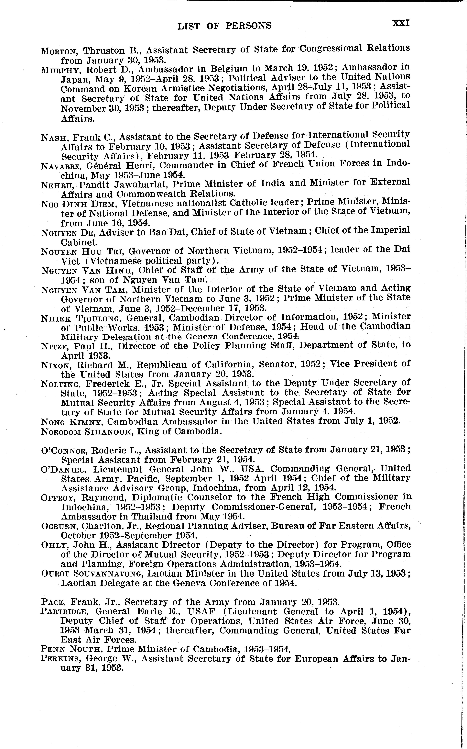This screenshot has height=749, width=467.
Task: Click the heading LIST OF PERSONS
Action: click(224, 26)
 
